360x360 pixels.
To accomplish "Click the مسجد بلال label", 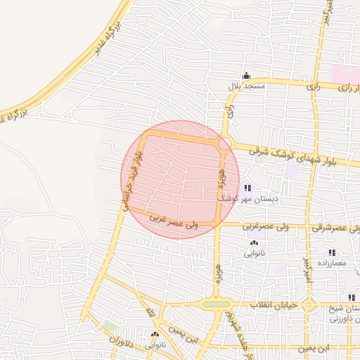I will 245,86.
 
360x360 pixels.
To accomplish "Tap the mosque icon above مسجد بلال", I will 245,76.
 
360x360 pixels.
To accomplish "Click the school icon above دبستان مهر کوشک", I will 247,188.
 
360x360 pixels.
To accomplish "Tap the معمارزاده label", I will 332,263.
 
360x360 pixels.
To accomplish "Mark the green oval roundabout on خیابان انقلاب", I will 217,304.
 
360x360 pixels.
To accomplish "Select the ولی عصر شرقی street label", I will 336,228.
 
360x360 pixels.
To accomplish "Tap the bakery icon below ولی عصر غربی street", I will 253,243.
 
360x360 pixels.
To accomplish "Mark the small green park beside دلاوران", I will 109,326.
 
